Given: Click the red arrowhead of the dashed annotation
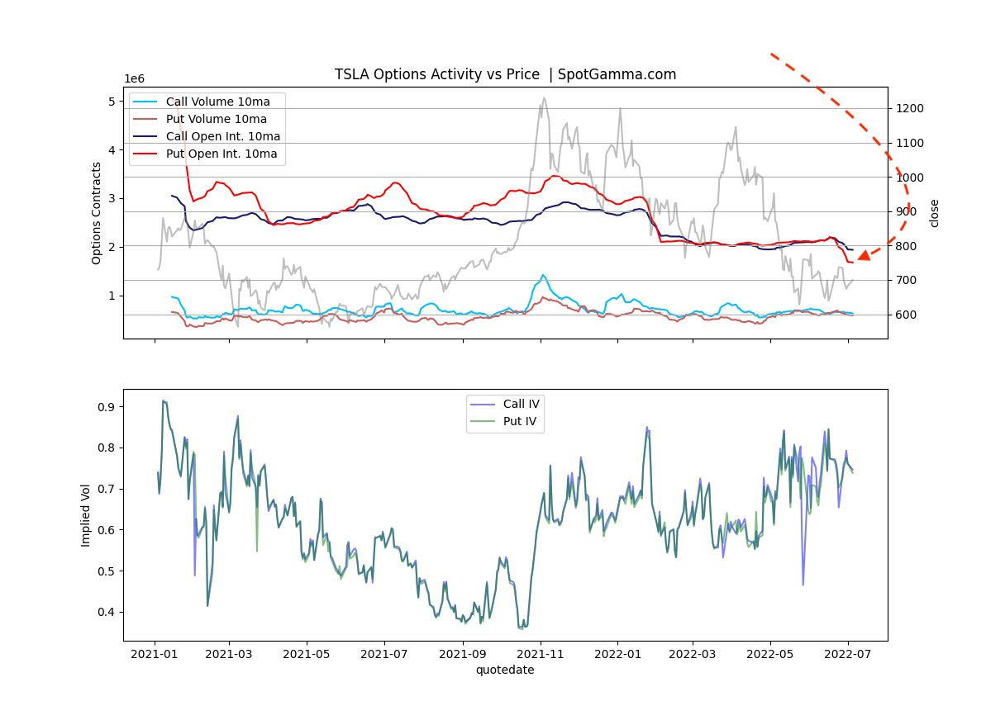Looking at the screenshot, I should point(863,255).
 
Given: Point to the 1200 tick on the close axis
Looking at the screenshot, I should point(907,109).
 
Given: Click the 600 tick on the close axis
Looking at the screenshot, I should point(904,315).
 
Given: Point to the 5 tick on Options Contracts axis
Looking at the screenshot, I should point(112,102).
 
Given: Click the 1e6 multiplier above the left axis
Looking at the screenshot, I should point(135,78).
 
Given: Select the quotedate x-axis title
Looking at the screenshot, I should point(505,670).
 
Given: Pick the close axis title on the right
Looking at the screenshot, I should point(935,213).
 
